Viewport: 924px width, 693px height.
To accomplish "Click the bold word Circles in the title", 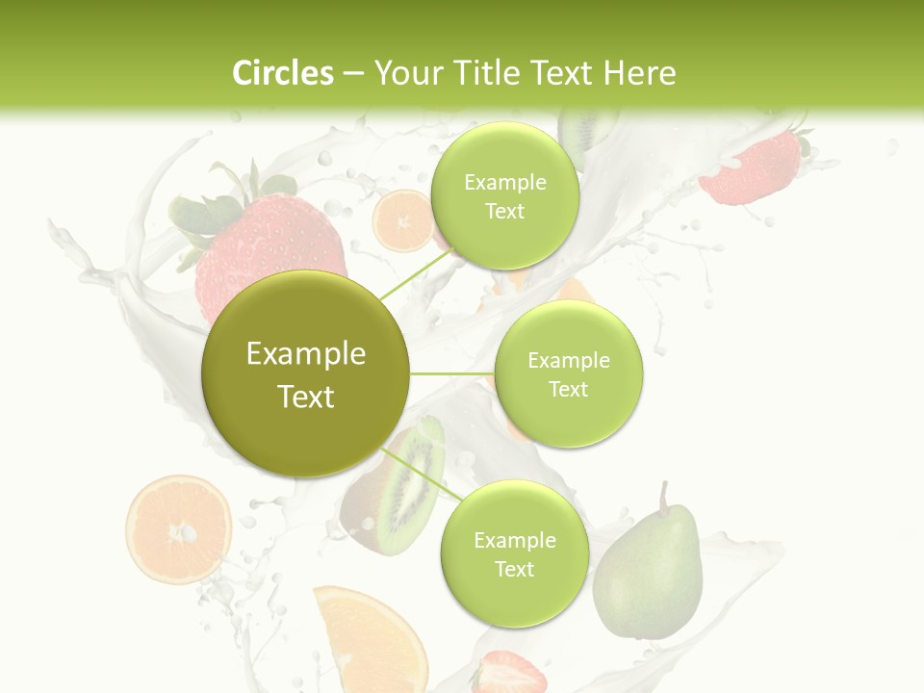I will pyautogui.click(x=283, y=73).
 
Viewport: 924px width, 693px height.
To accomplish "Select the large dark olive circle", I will pyautogui.click(x=306, y=374).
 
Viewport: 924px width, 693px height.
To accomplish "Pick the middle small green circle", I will pyautogui.click(x=569, y=373).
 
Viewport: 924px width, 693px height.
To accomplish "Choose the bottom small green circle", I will pyautogui.click(x=514, y=553).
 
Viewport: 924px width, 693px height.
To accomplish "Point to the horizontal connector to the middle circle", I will pyautogui.click(x=452, y=373).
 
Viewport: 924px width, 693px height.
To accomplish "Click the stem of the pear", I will pyautogui.click(x=663, y=497).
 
